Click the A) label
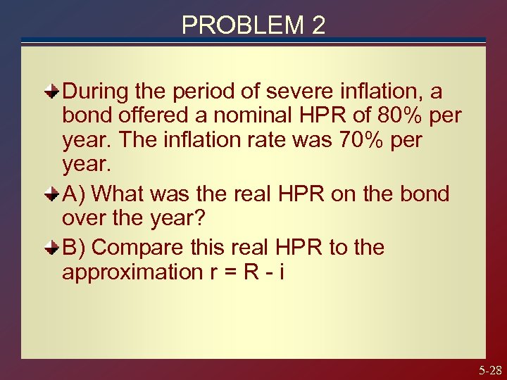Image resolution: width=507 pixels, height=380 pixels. tap(75, 194)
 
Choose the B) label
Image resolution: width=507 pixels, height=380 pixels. tap(75, 247)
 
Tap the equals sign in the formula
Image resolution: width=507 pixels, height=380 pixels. tap(227, 273)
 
